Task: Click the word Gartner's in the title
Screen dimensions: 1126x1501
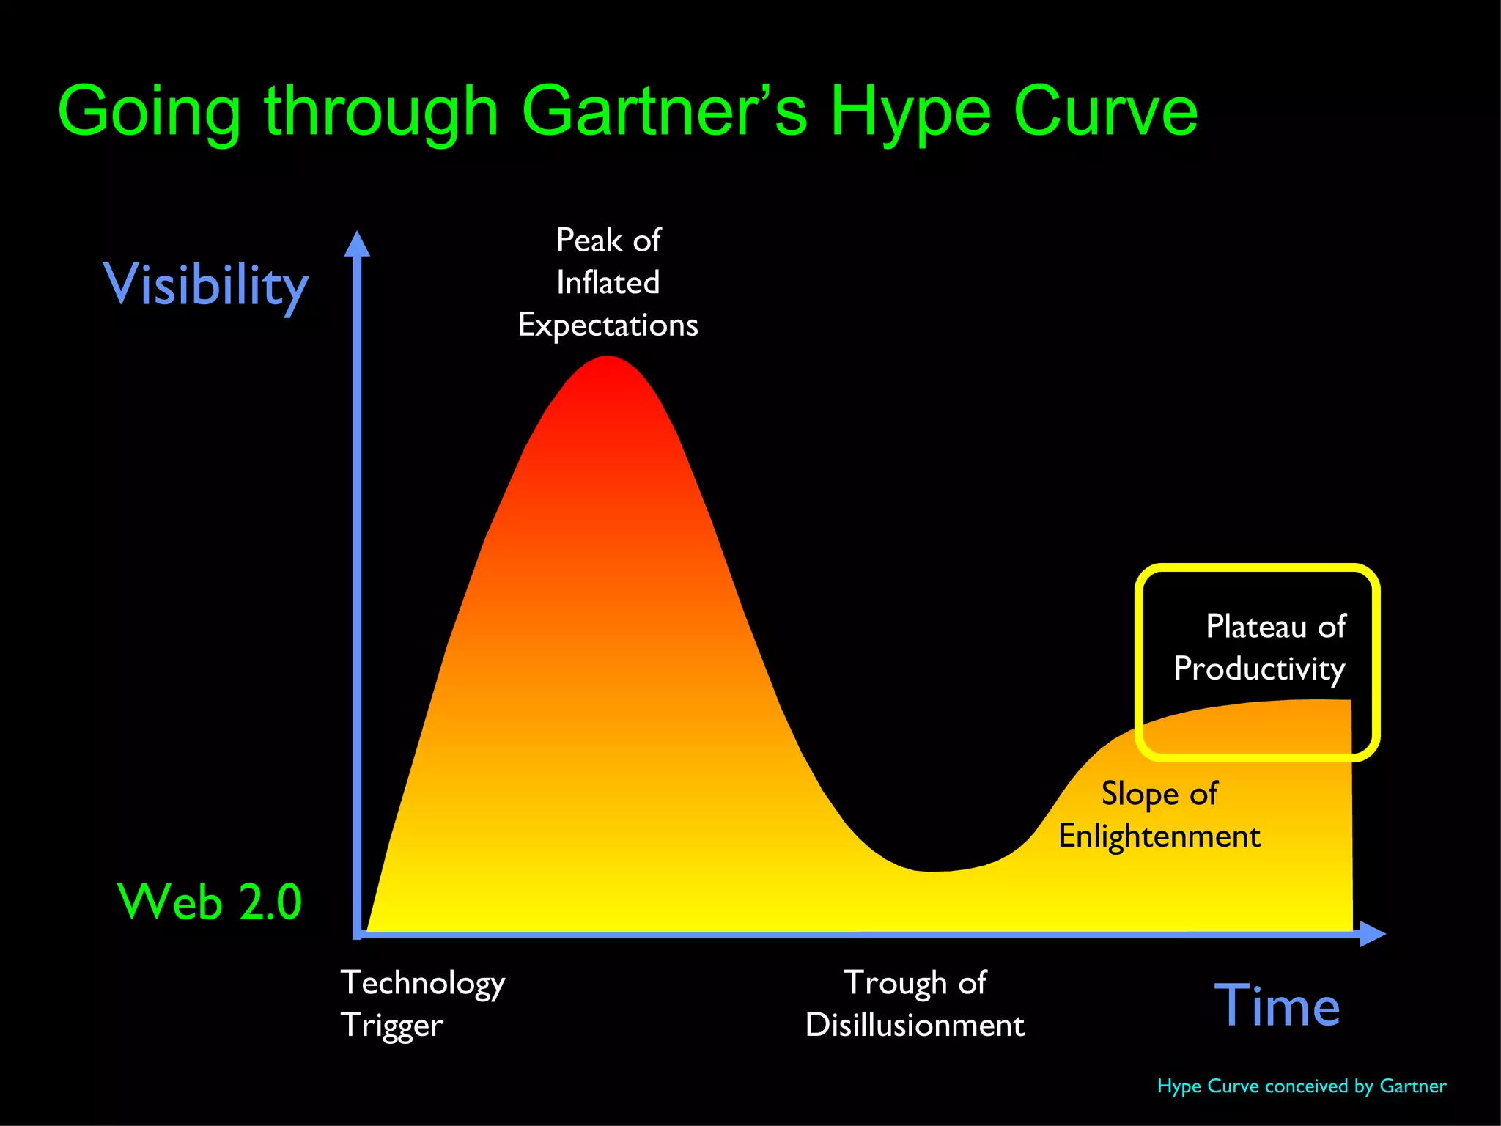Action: click(x=664, y=111)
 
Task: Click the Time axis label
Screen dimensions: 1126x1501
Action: click(x=1277, y=1006)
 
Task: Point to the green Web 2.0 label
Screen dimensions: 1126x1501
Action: click(x=210, y=901)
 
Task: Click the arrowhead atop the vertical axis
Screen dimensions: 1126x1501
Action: click(x=357, y=244)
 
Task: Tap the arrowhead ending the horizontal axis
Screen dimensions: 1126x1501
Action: click(x=1371, y=934)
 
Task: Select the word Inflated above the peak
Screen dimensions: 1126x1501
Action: click(x=608, y=282)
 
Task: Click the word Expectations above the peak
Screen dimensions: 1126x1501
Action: click(x=608, y=325)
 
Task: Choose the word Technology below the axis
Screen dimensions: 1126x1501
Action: click(x=423, y=983)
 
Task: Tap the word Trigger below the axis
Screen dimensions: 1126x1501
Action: click(x=392, y=1025)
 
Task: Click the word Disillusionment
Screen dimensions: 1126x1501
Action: click(x=914, y=1025)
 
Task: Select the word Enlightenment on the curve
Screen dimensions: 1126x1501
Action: click(x=1159, y=836)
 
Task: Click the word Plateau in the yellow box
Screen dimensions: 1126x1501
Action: click(x=1255, y=627)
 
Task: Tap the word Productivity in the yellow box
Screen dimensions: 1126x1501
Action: click(x=1259, y=669)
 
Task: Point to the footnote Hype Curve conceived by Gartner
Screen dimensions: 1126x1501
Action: click(x=1302, y=1086)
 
